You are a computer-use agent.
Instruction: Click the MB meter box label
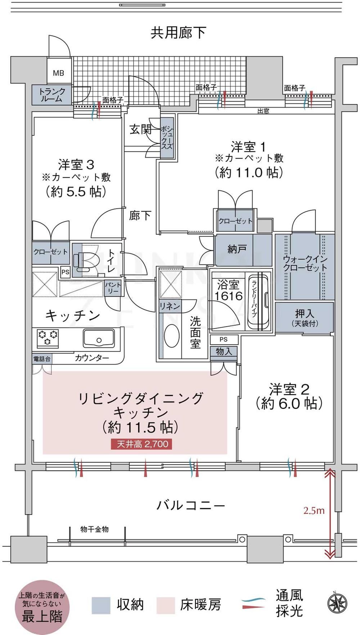[58, 73]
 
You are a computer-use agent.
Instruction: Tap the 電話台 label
[42, 359]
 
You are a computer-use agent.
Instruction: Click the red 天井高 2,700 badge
[142, 444]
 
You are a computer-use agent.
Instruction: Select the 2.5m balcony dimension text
[314, 510]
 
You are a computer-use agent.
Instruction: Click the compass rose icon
[337, 603]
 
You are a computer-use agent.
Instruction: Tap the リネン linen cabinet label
[170, 306]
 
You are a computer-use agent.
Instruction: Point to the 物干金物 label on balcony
[94, 529]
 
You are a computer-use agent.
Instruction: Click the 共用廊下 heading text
[179, 33]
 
